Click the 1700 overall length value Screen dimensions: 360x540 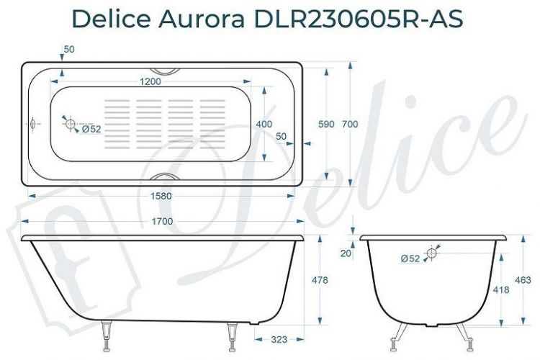162,222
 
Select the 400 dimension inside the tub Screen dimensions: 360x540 264,125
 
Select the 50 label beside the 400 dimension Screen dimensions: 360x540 281,135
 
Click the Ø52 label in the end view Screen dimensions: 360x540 410,258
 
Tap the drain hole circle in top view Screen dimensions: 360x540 71,125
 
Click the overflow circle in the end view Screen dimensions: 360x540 432,253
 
